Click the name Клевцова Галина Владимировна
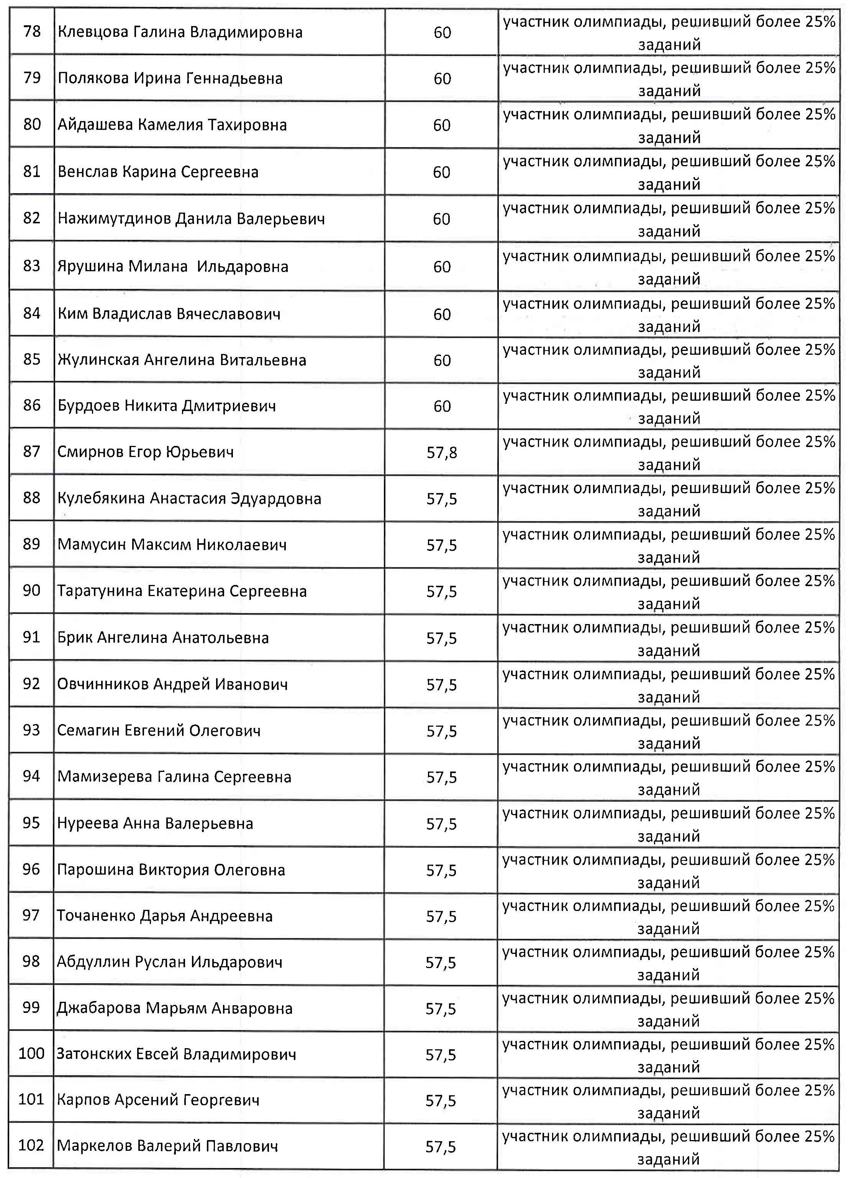click(x=180, y=32)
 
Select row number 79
click(x=32, y=78)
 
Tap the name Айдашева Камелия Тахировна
click(x=172, y=125)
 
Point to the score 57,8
click(x=442, y=452)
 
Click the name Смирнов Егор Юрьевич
click(x=146, y=452)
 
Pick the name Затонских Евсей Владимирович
click(x=176, y=1054)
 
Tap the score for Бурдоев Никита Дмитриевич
click(x=442, y=406)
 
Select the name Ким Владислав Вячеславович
click(x=169, y=314)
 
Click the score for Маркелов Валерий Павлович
click(x=441, y=1146)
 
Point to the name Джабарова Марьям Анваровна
click(x=175, y=1008)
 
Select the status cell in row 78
click(x=669, y=33)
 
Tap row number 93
click(x=31, y=730)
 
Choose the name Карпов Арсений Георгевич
click(x=158, y=1099)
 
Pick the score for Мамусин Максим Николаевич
click(x=442, y=545)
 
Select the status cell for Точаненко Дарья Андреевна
click(x=668, y=917)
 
